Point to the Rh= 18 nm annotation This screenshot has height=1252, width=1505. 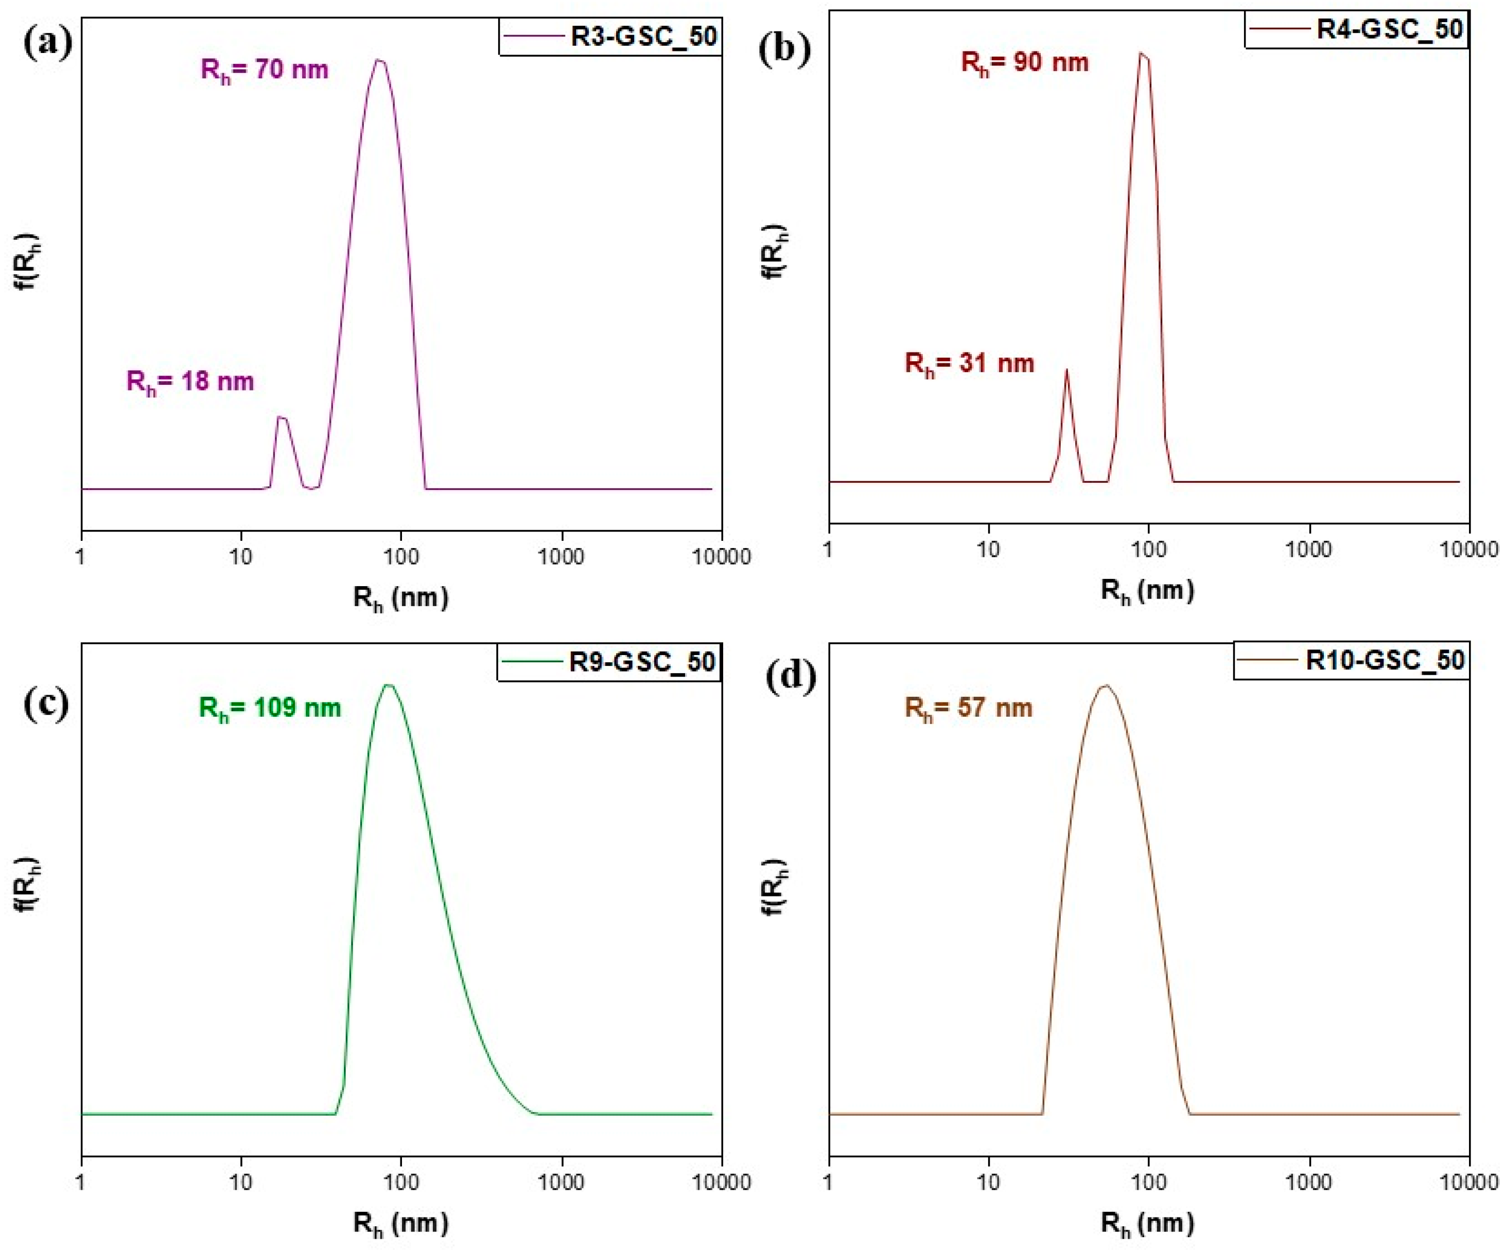(x=190, y=381)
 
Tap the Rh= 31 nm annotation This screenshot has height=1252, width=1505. (x=969, y=364)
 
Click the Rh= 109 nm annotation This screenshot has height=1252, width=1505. (x=270, y=708)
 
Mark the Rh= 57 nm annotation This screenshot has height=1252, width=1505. (x=968, y=708)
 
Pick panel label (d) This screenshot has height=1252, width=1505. (x=791, y=677)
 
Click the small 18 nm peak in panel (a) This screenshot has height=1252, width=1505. (x=281, y=418)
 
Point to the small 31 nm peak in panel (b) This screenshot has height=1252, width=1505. (x=1066, y=371)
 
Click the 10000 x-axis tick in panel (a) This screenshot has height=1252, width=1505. (x=722, y=556)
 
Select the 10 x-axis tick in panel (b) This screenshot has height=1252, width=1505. (x=989, y=549)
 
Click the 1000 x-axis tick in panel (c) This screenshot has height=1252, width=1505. (x=561, y=1182)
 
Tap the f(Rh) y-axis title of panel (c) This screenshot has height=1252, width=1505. (x=29, y=885)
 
